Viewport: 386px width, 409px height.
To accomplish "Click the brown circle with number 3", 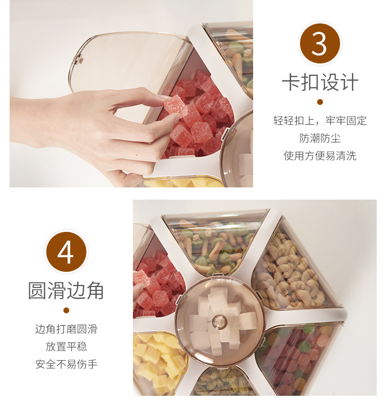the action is [x=320, y=43].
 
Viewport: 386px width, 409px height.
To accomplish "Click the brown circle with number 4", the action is [x=66, y=252].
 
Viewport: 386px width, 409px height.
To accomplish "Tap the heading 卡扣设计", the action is [x=320, y=82].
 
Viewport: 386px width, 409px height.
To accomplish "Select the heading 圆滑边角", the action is [x=66, y=290].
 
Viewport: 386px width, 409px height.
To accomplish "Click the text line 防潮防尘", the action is [x=320, y=138].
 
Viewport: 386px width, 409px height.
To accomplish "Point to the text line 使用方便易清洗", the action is [x=320, y=156].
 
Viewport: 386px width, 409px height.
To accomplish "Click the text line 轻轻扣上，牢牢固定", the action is [x=320, y=121].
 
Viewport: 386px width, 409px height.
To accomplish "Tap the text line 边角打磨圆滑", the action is [x=66, y=329].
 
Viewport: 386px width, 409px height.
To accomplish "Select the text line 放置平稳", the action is [x=66, y=347].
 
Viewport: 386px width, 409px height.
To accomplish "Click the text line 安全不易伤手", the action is [x=66, y=364].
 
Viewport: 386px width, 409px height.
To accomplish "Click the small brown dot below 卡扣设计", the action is [x=320, y=102].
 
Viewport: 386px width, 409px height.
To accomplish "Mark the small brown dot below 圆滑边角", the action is [x=66, y=310].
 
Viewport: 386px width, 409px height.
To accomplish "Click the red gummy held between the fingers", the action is [x=175, y=106].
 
